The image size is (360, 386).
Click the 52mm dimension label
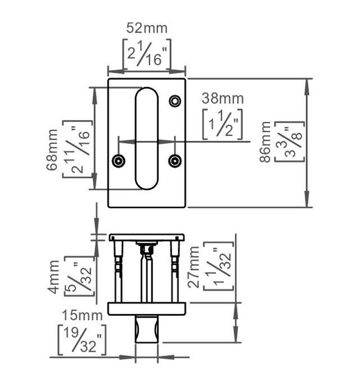coord(147,28)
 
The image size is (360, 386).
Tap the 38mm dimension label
coord(223,98)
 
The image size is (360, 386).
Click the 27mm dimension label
coord(195,266)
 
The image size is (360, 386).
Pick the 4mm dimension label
coord(54,276)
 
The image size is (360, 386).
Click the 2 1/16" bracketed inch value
coord(147,54)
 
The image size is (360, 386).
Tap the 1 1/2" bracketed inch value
coord(223,124)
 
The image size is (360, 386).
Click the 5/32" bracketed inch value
coord(79,276)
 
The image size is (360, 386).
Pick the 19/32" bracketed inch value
coord(82,339)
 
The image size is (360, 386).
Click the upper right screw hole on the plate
coord(175,101)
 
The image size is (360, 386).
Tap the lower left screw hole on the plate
coord(118,161)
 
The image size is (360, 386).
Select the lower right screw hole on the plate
coord(175,161)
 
